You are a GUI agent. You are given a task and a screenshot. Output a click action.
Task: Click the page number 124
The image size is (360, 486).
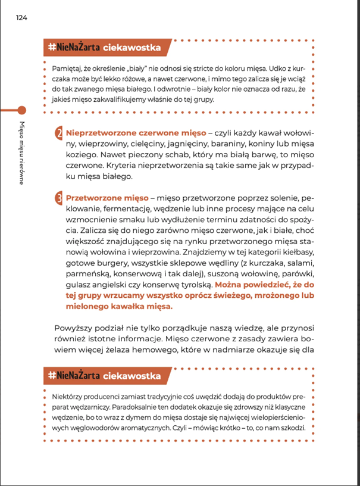[22, 18]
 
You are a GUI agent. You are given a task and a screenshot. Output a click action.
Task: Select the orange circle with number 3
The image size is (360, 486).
[60, 198]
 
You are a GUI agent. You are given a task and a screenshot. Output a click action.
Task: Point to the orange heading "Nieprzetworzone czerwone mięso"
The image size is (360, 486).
[132, 132]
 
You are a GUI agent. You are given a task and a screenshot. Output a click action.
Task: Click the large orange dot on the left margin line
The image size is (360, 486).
[22, 110]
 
